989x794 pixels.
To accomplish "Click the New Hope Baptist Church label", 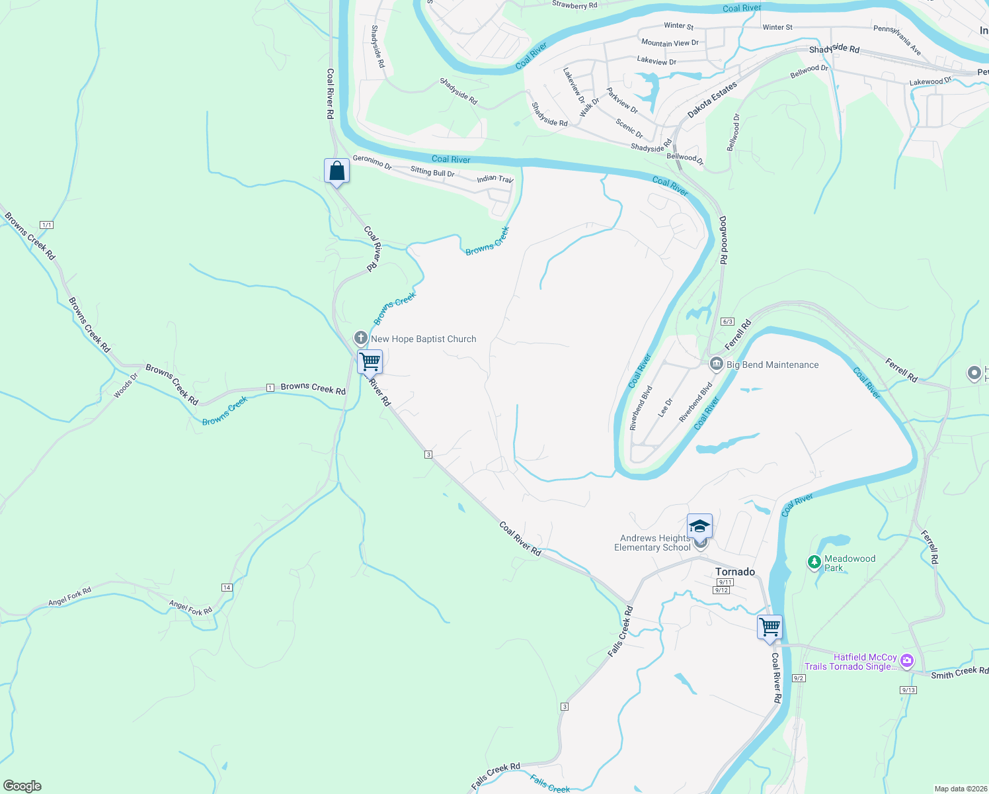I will point(423,339).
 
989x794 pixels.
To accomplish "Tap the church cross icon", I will point(361,338).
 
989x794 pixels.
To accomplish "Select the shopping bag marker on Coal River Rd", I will point(336,171).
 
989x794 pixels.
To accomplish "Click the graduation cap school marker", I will point(699,527).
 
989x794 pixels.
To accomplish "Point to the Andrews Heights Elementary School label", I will point(654,543).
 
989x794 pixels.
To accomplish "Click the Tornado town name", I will point(735,572).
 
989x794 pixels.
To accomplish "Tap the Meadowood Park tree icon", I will point(814,562).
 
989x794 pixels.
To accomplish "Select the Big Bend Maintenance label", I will point(772,365).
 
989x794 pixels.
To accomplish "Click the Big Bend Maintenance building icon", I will point(716,364).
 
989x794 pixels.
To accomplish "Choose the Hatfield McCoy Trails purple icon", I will point(907,660).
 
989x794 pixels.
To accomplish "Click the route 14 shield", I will point(227,588).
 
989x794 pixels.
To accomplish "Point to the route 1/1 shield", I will point(46,225).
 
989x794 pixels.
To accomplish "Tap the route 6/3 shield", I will point(728,322).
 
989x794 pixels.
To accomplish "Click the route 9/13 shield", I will point(908,690).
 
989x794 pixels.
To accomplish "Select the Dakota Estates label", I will point(711,100).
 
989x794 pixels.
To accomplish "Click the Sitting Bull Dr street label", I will point(432,172).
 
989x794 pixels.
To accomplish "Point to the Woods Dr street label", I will point(126,386).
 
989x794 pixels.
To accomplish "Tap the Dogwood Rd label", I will point(723,240).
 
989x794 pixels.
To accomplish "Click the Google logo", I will point(22,786).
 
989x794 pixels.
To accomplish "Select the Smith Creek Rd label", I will point(959,673).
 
